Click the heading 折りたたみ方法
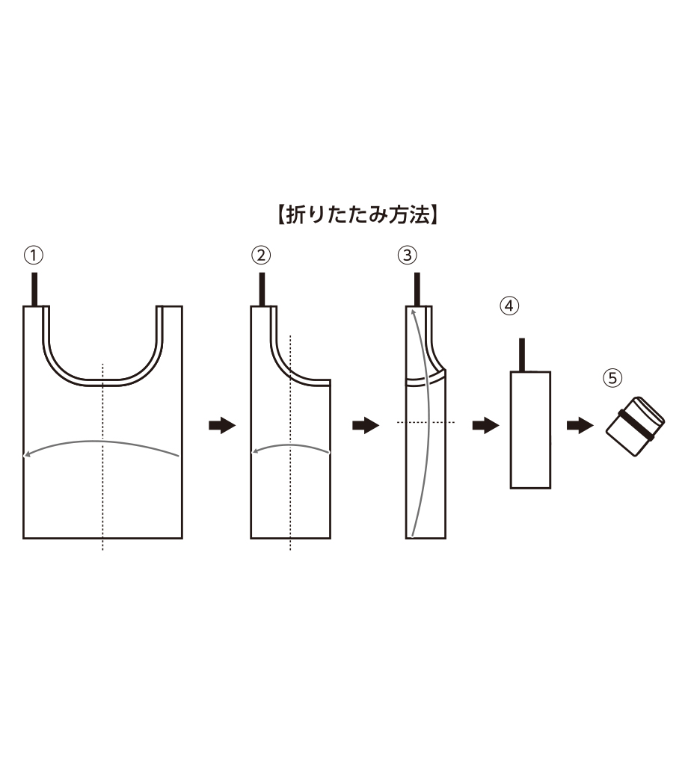click(357, 216)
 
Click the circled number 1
click(34, 256)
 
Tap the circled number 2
click(261, 256)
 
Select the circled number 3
click(408, 256)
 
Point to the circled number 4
click(509, 306)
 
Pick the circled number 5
click(612, 379)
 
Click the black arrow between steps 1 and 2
click(221, 425)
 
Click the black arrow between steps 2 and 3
click(366, 425)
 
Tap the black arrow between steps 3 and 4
click(485, 425)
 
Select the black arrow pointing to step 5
click(580, 425)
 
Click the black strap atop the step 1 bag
click(34, 289)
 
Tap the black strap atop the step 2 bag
click(262, 289)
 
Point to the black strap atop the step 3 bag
click(417, 289)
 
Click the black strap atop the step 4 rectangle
click(522, 355)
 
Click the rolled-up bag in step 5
click(636, 427)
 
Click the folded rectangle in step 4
click(531, 430)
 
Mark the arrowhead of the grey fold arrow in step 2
click(255, 451)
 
